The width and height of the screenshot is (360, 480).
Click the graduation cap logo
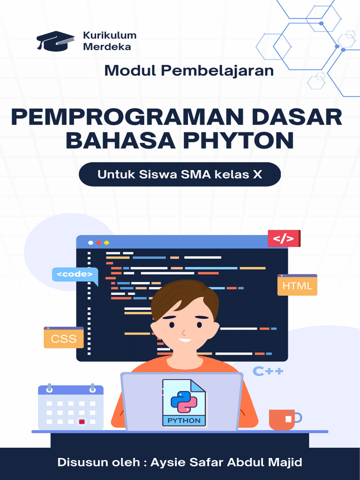click(x=55, y=41)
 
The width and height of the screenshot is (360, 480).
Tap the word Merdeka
click(x=107, y=46)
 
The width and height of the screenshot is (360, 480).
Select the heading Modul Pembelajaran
click(x=189, y=71)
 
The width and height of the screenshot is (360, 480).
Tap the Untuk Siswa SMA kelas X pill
click(x=180, y=175)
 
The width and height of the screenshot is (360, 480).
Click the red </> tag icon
click(x=284, y=239)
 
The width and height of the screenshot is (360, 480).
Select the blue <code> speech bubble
click(x=75, y=274)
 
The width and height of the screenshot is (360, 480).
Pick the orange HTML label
click(x=297, y=285)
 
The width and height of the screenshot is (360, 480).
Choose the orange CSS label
click(x=64, y=338)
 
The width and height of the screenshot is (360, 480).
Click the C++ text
click(x=268, y=372)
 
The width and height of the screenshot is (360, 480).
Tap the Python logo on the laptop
click(x=184, y=401)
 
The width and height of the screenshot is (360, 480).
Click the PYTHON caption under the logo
click(x=184, y=420)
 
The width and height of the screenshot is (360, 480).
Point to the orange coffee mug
click(x=283, y=419)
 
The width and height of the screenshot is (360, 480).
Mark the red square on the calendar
click(x=82, y=421)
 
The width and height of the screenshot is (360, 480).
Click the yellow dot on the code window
click(x=106, y=243)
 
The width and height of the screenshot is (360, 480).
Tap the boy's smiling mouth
click(x=184, y=340)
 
